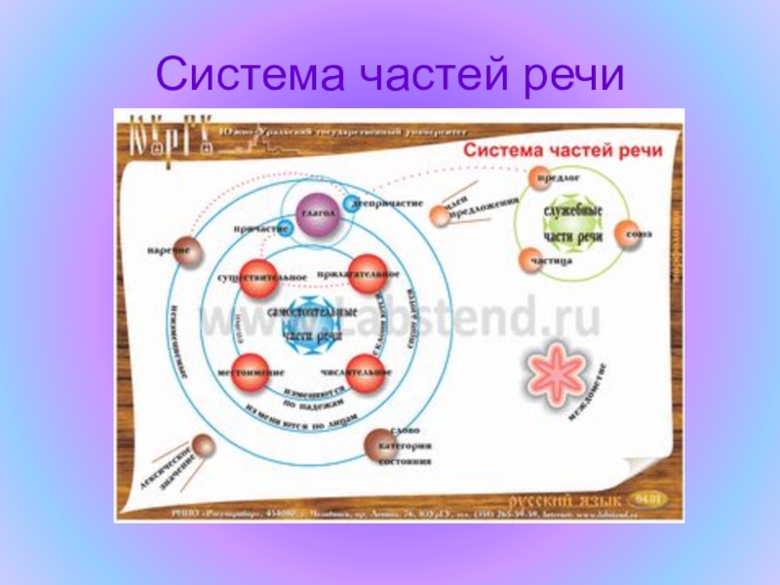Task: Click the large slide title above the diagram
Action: (x=389, y=74)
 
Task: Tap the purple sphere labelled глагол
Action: (x=319, y=219)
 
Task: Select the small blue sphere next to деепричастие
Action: (x=351, y=204)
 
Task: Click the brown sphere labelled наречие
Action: (x=188, y=253)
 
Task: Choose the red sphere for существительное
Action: (x=261, y=276)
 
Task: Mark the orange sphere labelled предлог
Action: (x=540, y=178)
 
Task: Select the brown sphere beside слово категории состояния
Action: (x=377, y=446)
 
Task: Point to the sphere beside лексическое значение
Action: (x=201, y=447)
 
